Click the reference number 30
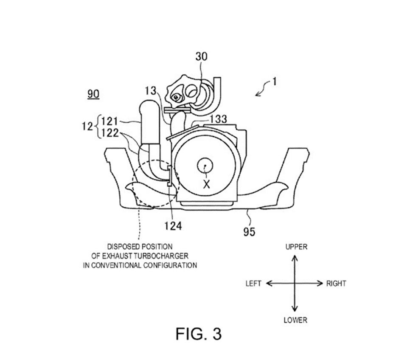click(x=202, y=56)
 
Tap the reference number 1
click(x=274, y=81)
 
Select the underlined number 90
click(x=93, y=94)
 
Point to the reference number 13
click(x=151, y=90)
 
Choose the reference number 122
click(x=110, y=133)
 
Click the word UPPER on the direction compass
click(x=296, y=247)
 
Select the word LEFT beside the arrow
click(x=254, y=283)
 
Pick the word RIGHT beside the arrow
click(x=336, y=283)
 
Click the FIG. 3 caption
click(x=198, y=334)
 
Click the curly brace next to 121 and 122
click(x=98, y=127)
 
